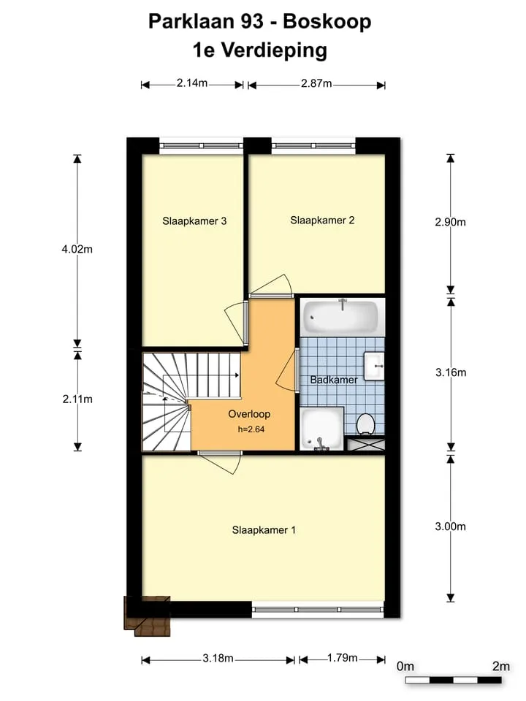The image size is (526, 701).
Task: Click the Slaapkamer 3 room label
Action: (x=194, y=221)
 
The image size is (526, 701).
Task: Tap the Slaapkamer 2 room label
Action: (x=322, y=220)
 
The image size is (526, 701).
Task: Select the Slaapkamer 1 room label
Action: (x=264, y=530)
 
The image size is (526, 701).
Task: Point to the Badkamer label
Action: (x=334, y=380)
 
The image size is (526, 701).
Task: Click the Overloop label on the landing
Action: (x=249, y=414)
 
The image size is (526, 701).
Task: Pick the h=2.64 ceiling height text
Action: (x=251, y=429)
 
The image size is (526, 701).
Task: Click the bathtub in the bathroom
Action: (x=342, y=316)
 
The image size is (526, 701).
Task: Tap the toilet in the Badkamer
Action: (x=365, y=424)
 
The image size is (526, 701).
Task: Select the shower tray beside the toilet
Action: (x=322, y=429)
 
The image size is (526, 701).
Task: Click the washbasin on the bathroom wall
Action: (x=374, y=366)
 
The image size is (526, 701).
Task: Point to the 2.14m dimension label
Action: (x=192, y=83)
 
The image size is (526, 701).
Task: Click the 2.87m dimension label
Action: (x=316, y=83)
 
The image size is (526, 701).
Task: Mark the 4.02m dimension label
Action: (x=77, y=250)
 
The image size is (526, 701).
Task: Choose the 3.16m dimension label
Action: (x=451, y=372)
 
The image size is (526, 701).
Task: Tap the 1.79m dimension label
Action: (x=343, y=658)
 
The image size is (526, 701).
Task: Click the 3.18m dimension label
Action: (x=218, y=659)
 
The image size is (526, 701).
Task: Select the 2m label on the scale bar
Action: (x=501, y=667)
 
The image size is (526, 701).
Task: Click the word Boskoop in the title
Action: (x=327, y=21)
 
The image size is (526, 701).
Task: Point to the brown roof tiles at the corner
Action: (x=147, y=616)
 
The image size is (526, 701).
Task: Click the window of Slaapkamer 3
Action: (x=202, y=146)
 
